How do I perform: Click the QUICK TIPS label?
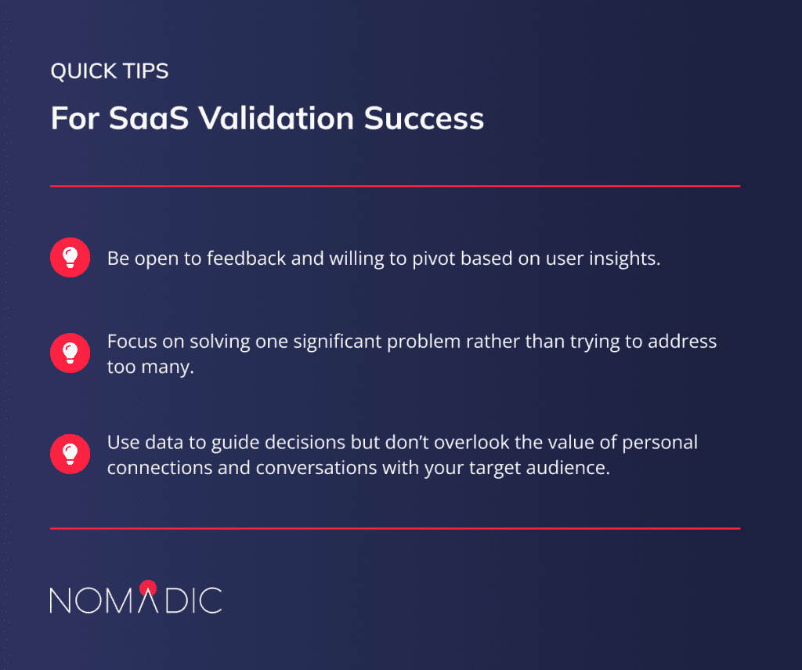tap(109, 72)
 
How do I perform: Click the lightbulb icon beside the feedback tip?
tap(70, 257)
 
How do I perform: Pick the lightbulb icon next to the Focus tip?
tap(70, 352)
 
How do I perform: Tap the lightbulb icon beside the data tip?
tap(70, 454)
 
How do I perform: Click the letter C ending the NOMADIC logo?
tap(209, 599)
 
